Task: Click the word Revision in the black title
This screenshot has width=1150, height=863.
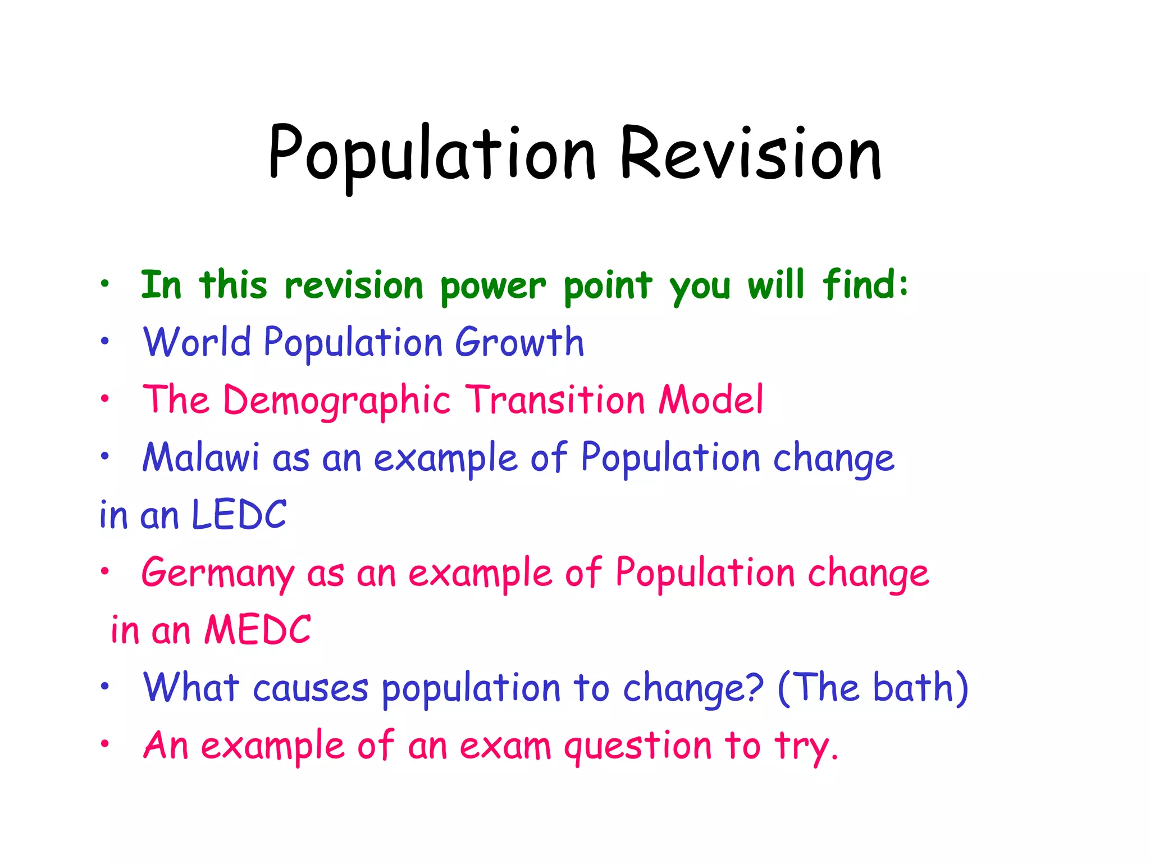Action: pos(750,153)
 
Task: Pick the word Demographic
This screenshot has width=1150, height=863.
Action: pos(336,401)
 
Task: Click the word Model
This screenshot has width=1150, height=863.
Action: pos(711,399)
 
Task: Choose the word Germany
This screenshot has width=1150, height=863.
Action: pos(218,574)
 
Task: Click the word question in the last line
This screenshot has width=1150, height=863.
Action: pos(638,747)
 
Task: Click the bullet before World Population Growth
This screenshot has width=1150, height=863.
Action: pos(104,341)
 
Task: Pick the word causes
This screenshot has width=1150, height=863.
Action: pos(311,688)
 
